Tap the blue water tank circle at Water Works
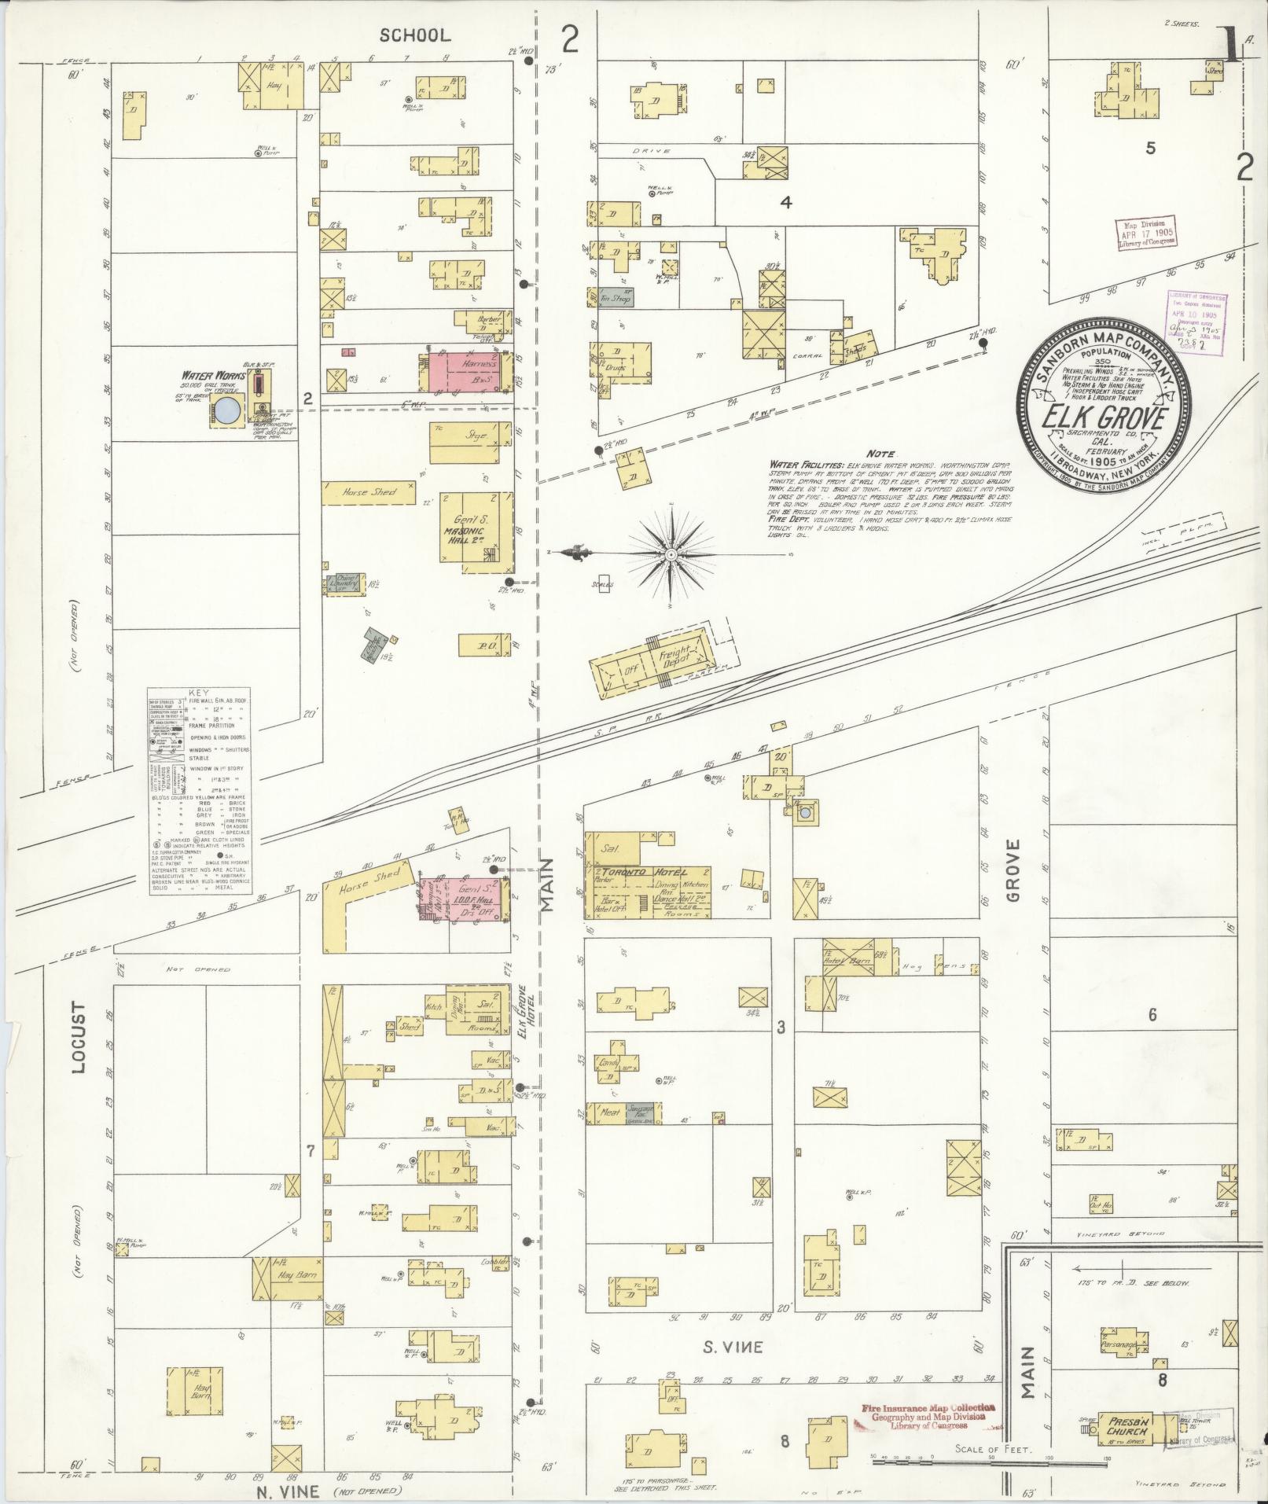coord(229,410)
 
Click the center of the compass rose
coord(671,555)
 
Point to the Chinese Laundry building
coord(345,583)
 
